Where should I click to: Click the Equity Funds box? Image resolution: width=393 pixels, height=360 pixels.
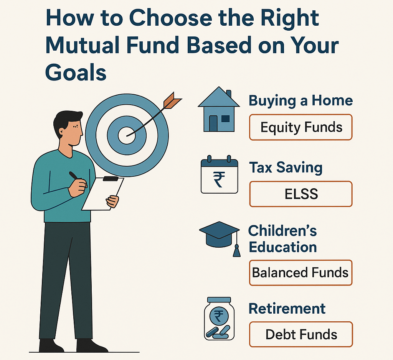coord(301,127)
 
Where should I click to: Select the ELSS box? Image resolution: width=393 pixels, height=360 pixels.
coord(301,194)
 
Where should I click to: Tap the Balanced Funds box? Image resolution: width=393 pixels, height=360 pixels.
coord(301,273)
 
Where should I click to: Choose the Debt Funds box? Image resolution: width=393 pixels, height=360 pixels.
coord(301,334)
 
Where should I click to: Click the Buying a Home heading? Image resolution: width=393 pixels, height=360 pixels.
coord(301,101)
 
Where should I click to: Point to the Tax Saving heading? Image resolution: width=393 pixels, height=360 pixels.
coord(286,168)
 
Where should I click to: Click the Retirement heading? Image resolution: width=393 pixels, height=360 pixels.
coord(287,308)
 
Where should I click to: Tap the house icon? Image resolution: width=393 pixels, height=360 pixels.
coord(219,109)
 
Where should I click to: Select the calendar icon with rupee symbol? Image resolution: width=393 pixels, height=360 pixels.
coord(219,174)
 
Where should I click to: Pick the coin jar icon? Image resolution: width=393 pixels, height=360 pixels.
coord(219,319)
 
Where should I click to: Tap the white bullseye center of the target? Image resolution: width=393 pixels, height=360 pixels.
coord(126,135)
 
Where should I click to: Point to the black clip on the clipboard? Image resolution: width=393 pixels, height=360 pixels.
coord(111,179)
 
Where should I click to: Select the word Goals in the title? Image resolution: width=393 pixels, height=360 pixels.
coord(76,72)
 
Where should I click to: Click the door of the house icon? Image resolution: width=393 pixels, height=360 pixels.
coord(213,123)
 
